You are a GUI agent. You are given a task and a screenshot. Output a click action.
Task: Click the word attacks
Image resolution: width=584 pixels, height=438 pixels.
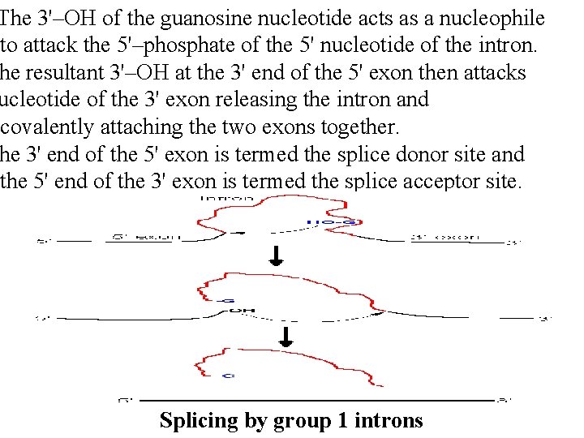[494, 72]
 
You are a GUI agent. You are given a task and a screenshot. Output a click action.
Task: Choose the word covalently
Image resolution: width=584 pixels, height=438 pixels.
[46, 127]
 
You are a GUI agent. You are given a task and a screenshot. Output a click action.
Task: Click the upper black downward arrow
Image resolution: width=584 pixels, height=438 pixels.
[277, 256]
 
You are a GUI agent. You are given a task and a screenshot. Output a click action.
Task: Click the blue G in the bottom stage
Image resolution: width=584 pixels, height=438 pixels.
[229, 376]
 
